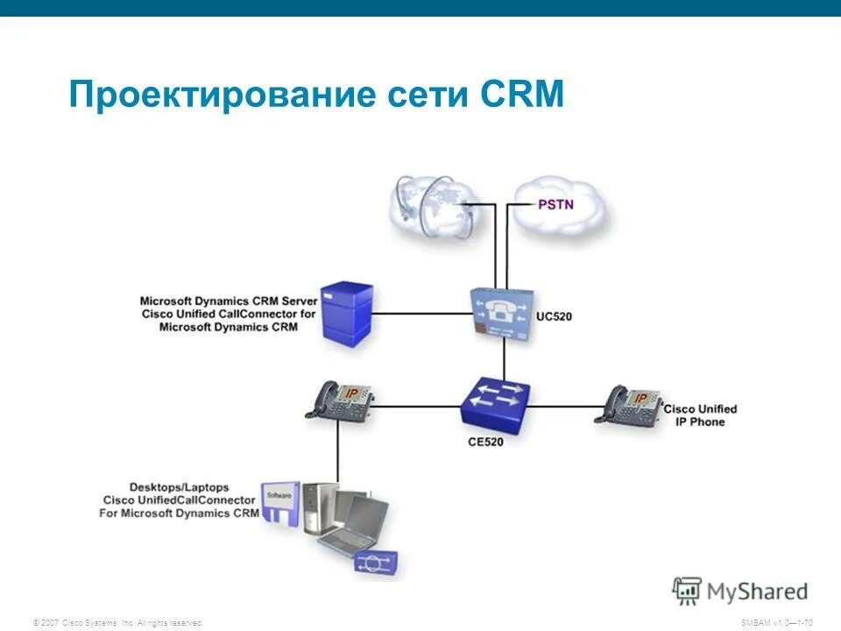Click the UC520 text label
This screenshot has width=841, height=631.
coord(554,315)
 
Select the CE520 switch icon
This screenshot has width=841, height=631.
coord(496,405)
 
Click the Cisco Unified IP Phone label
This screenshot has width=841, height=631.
coord(700,415)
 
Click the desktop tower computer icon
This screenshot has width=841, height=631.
coord(320,508)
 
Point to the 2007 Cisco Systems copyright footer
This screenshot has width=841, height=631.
coord(117,622)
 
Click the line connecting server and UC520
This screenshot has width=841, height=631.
coord(420,313)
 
